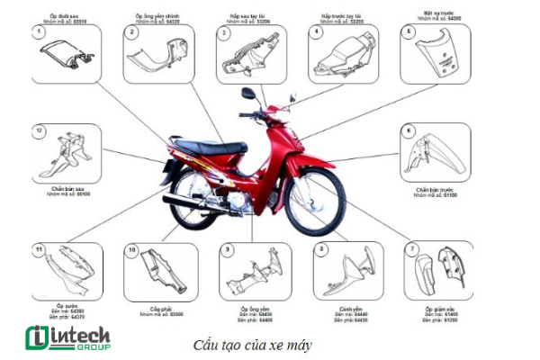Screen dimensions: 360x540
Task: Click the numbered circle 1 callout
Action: tap(39, 32)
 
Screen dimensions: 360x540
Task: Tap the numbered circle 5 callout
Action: tap(409, 31)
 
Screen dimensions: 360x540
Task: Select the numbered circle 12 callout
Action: tap(39, 130)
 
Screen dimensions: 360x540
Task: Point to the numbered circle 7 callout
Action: tap(411, 247)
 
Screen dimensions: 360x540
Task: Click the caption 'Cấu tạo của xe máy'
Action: tap(238, 345)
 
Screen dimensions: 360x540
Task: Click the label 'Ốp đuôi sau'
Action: tap(64, 16)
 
